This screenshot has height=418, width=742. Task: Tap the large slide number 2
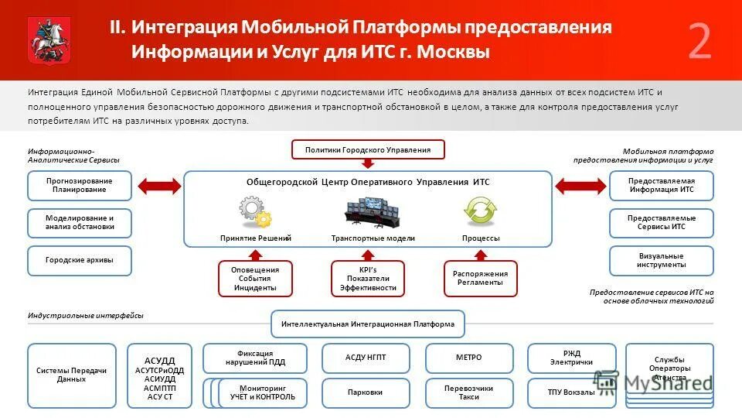(x=699, y=43)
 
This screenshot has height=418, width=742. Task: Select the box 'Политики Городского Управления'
(x=368, y=149)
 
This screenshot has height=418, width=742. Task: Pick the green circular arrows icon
(x=480, y=211)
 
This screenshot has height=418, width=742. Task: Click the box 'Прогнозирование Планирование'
(x=80, y=186)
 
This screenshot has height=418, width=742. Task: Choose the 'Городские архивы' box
(x=80, y=261)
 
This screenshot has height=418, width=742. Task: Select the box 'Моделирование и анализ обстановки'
(x=80, y=223)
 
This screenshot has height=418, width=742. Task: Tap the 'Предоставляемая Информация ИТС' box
(x=661, y=186)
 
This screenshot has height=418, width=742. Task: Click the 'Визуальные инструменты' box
(x=661, y=261)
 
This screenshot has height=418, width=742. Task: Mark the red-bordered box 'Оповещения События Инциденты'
(x=255, y=279)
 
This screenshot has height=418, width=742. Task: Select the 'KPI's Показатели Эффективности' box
(x=368, y=279)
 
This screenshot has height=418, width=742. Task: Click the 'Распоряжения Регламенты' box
(x=480, y=279)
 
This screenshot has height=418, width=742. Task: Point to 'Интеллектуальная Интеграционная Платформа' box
(x=368, y=324)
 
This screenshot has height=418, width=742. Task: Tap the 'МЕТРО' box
(x=468, y=358)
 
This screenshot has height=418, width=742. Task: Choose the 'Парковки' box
(x=366, y=392)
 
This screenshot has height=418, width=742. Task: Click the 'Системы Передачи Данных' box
(x=72, y=375)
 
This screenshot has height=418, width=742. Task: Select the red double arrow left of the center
(x=158, y=186)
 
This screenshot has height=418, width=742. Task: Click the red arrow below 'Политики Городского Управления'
(x=368, y=164)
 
